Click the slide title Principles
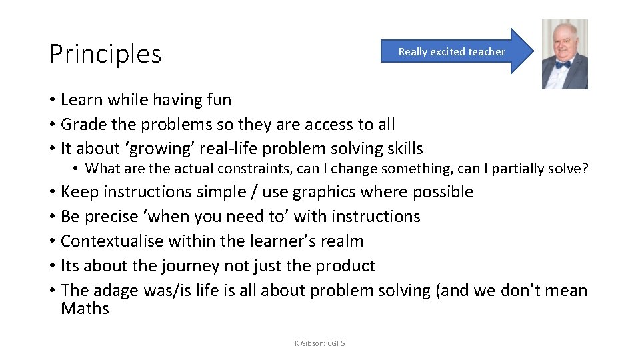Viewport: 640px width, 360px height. [105, 54]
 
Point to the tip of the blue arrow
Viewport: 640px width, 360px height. [533, 51]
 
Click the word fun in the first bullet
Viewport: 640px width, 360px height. [218, 100]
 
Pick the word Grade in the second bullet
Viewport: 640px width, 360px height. [83, 125]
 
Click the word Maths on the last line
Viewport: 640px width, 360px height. [85, 309]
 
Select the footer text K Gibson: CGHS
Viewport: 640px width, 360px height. [320, 343]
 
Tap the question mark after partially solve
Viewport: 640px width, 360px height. [585, 169]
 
